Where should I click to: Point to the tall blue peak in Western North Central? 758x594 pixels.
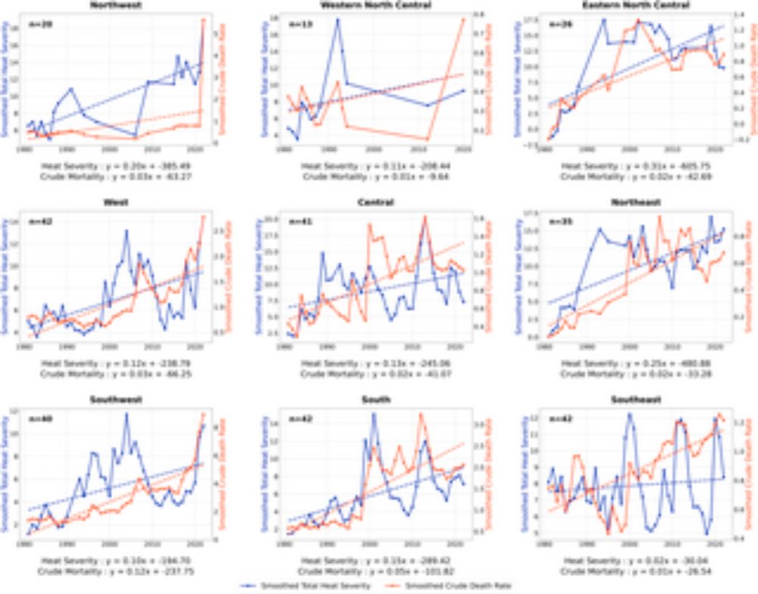point(337,19)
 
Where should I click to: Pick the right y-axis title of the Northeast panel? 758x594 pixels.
point(749,277)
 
